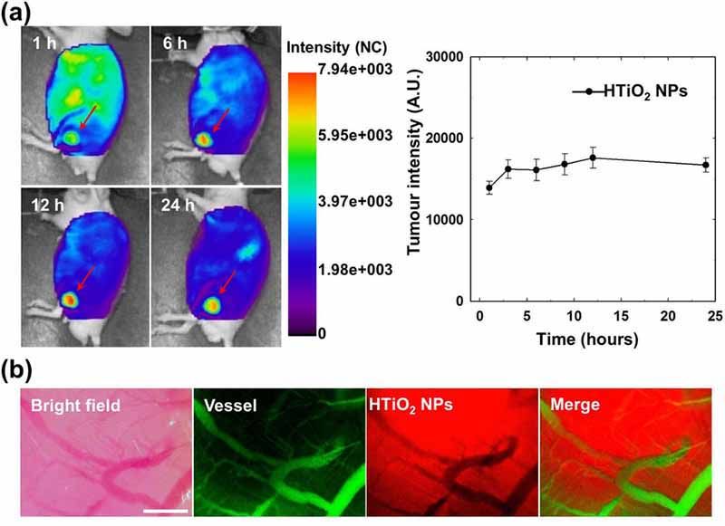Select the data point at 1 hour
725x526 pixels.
489,188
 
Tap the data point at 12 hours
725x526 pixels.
593,158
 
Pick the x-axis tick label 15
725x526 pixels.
620,318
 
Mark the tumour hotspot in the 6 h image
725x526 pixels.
204,139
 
